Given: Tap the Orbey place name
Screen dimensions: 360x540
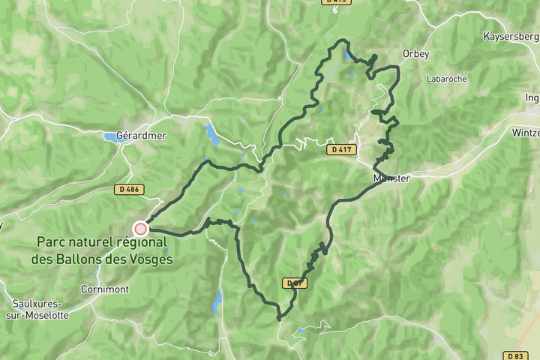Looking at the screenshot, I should point(415,54).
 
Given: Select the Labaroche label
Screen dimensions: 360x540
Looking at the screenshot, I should point(446,78).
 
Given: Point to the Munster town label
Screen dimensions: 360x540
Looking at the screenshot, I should point(391,178).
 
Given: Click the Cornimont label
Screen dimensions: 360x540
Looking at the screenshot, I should point(105,289).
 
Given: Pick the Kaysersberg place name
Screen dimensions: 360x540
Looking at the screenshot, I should point(511,36).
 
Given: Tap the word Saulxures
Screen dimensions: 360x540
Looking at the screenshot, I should point(37,304).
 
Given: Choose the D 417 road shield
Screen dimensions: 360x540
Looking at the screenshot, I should point(340,149).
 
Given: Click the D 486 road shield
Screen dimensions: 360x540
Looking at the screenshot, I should point(128,189).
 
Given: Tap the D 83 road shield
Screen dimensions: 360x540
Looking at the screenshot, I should point(514,355).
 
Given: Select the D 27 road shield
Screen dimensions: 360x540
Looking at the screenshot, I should point(295,283).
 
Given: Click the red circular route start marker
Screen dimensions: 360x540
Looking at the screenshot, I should point(140,229).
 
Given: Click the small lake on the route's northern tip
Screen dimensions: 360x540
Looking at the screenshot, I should point(348,55).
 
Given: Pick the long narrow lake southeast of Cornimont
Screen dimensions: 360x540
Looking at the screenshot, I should point(217,301).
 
